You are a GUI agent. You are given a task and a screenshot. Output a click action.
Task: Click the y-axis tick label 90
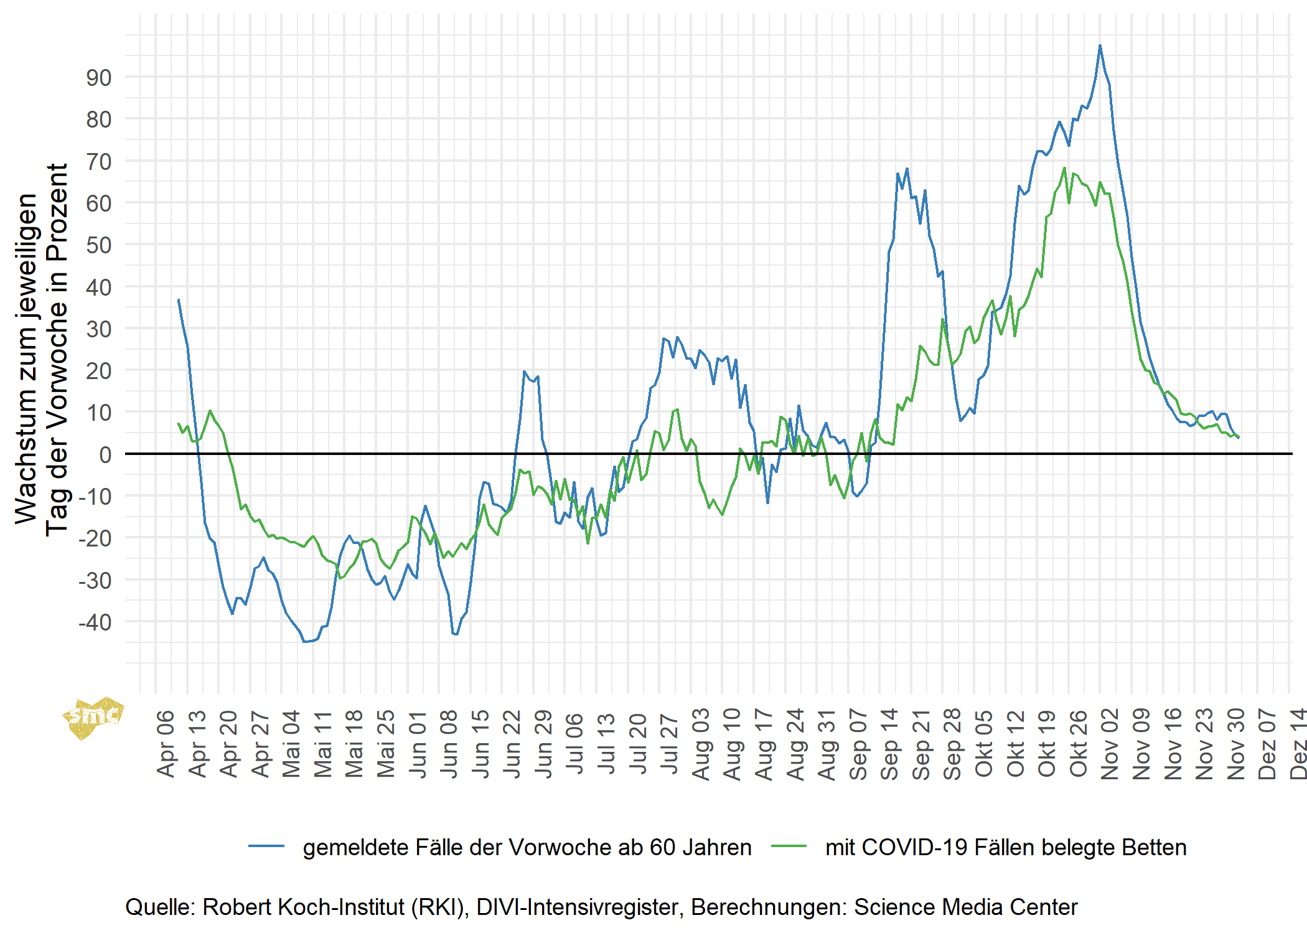point(99,78)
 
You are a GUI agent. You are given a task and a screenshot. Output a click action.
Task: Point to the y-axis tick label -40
point(95,622)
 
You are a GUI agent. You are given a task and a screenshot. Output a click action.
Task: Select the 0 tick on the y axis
point(105,454)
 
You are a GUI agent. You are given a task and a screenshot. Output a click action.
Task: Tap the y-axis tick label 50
point(99,245)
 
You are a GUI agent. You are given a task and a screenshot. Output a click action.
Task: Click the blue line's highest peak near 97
point(1100,45)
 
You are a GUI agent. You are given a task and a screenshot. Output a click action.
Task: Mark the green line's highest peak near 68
point(1064,168)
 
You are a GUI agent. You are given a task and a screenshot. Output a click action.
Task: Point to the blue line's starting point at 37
point(179,300)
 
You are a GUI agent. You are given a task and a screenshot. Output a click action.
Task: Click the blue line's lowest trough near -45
point(304,641)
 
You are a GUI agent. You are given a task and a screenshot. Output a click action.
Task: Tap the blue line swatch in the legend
point(266,846)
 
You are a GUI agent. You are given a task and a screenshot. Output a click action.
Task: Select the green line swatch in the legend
point(789,846)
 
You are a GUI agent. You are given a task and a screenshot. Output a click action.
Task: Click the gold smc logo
point(93,717)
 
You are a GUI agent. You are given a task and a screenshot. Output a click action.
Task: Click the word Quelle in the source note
point(160,907)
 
